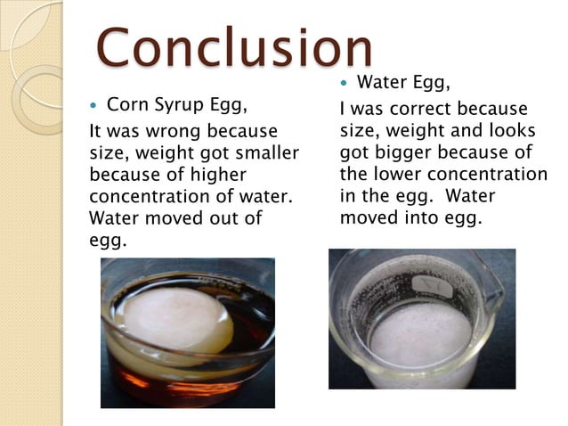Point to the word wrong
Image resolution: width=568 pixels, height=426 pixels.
tap(170, 131)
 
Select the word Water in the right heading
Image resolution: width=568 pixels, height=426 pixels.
tap(381, 84)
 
